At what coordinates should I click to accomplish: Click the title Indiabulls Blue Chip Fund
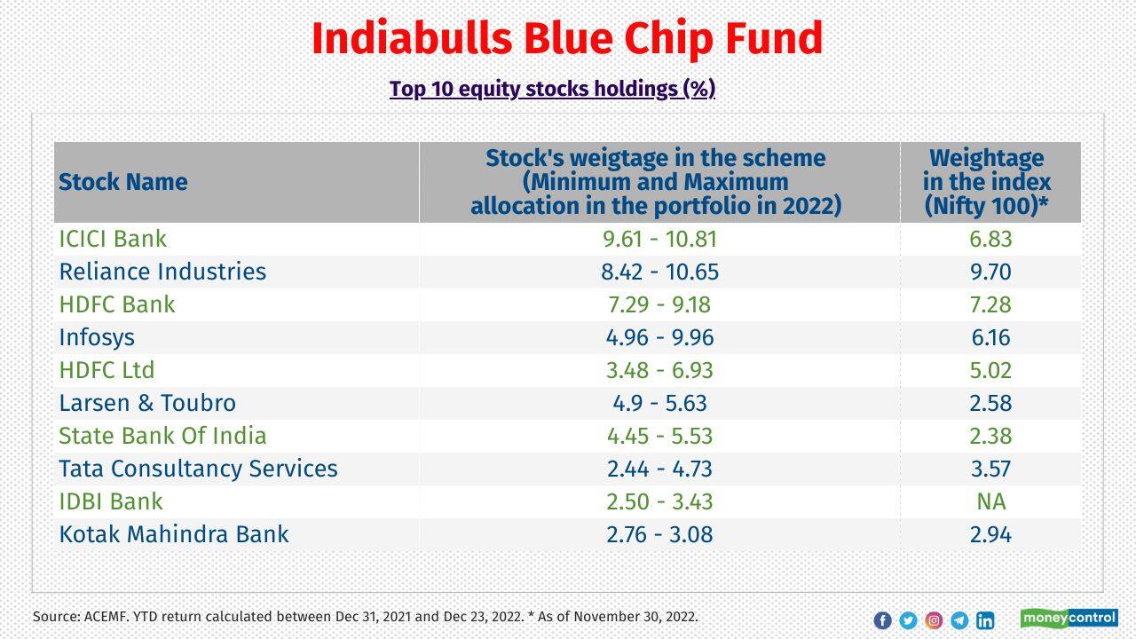click(567, 39)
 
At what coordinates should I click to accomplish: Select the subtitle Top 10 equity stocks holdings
click(552, 89)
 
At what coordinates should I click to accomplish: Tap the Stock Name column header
click(123, 182)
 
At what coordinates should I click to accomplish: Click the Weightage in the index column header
click(987, 182)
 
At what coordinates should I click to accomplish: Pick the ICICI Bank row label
click(113, 239)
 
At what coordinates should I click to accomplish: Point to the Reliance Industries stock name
click(162, 272)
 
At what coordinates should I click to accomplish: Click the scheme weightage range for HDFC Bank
click(659, 304)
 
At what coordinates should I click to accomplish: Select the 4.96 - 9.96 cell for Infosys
click(659, 337)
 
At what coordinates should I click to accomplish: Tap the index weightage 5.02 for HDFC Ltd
click(990, 370)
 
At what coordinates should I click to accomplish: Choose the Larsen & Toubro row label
click(147, 403)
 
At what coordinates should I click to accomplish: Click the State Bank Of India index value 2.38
click(990, 436)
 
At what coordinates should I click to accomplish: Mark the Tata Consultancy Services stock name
click(198, 469)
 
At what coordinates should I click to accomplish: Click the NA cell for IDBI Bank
click(990, 501)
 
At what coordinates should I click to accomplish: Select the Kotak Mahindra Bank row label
click(174, 534)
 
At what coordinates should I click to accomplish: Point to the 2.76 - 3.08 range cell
click(659, 534)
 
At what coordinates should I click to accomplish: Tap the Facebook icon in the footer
click(882, 620)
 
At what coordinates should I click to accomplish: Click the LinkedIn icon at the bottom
click(985, 620)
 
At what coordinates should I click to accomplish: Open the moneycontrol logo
click(1069, 618)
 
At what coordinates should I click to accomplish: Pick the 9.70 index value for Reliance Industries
click(990, 272)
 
